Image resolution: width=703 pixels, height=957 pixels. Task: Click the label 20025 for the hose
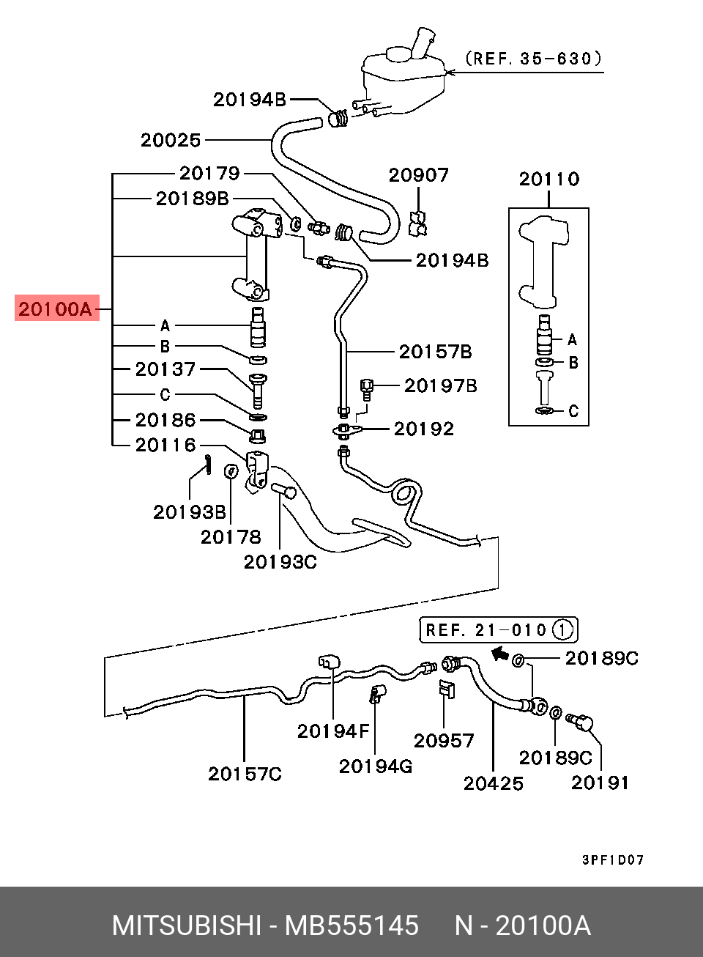pyautogui.click(x=171, y=140)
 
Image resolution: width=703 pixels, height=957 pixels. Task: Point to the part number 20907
pyautogui.click(x=418, y=175)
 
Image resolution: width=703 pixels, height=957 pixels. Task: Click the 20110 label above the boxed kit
pyautogui.click(x=548, y=179)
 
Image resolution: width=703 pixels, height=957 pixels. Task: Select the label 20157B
pyautogui.click(x=435, y=352)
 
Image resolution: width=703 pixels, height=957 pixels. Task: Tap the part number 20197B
pyautogui.click(x=441, y=385)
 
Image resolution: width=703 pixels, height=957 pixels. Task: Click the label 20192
pyautogui.click(x=424, y=429)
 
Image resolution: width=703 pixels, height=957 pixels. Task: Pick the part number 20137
pyautogui.click(x=165, y=369)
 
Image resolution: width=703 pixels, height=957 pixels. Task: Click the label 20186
pyautogui.click(x=165, y=420)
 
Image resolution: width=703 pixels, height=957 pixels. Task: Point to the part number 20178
pyautogui.click(x=231, y=536)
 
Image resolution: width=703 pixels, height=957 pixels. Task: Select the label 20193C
pyautogui.click(x=280, y=561)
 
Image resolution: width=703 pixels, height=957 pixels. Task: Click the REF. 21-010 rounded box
pyautogui.click(x=498, y=629)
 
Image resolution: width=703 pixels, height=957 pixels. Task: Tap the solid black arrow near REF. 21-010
pyautogui.click(x=499, y=653)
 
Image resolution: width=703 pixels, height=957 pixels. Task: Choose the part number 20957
pyautogui.click(x=444, y=740)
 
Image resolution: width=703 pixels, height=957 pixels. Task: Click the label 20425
pyautogui.click(x=494, y=783)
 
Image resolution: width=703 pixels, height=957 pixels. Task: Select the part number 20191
pyautogui.click(x=600, y=783)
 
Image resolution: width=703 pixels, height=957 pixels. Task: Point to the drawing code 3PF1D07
pyautogui.click(x=613, y=860)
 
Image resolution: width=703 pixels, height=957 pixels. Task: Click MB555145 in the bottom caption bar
pyautogui.click(x=351, y=926)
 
